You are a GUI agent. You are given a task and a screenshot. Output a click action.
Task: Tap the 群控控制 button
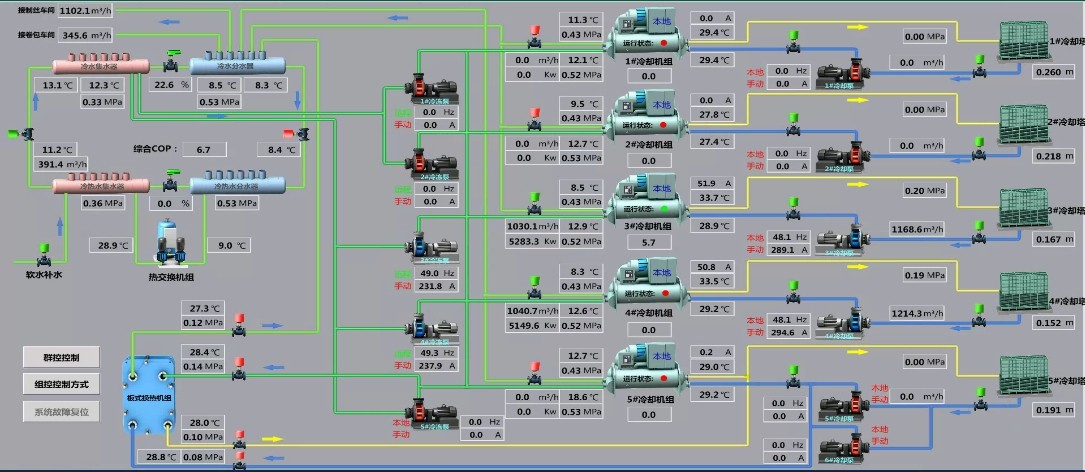pos(62,357)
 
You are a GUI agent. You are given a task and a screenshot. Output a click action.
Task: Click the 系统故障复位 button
pos(62,411)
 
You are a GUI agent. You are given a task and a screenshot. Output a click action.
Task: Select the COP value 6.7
pos(204,149)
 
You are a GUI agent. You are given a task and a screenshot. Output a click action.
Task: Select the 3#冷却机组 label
pos(647,227)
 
